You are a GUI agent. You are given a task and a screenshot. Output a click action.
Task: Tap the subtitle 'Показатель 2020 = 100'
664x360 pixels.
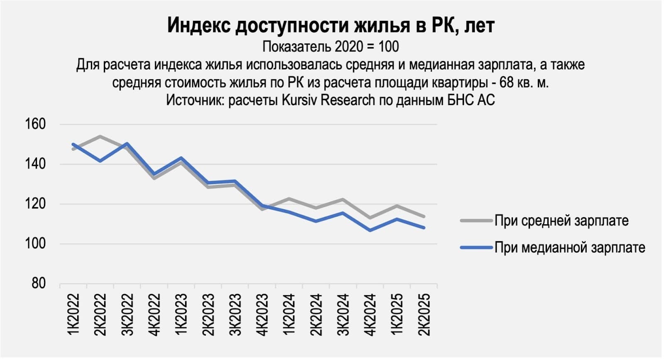click(x=331, y=46)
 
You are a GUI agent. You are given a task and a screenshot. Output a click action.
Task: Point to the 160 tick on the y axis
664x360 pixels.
click(x=35, y=124)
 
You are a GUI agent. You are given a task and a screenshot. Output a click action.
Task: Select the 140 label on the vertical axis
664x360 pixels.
click(x=35, y=164)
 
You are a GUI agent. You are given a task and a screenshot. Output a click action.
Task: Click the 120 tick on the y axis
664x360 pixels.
click(x=35, y=203)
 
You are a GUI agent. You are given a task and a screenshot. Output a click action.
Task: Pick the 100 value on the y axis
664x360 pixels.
click(x=35, y=243)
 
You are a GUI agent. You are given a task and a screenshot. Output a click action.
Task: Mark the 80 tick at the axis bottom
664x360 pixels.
click(x=38, y=283)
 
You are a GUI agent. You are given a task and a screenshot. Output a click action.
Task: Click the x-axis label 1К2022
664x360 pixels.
click(x=73, y=314)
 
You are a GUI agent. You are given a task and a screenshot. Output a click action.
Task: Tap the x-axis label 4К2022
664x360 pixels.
click(x=154, y=314)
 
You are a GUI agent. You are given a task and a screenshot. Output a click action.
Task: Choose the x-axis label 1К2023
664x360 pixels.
click(x=181, y=314)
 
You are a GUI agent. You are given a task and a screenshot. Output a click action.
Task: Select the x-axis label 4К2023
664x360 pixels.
click(x=262, y=314)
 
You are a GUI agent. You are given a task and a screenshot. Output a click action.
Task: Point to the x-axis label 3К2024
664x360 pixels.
click(x=343, y=314)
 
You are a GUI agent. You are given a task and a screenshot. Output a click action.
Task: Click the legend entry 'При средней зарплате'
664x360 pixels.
click(x=561, y=220)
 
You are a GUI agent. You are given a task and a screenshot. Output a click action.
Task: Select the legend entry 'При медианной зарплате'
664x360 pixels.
click(x=569, y=247)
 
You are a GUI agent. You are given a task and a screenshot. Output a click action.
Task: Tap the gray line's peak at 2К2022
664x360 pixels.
click(x=100, y=136)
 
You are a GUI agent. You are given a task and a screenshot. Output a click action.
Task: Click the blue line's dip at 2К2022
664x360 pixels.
click(x=100, y=161)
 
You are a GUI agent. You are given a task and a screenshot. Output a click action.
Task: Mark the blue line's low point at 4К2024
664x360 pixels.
click(x=370, y=230)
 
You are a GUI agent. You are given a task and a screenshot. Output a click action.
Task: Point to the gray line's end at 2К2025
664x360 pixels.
click(x=424, y=216)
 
